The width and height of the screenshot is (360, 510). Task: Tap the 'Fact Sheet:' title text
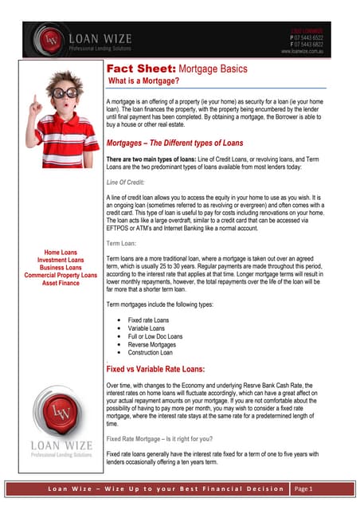pyautogui.click(x=131, y=69)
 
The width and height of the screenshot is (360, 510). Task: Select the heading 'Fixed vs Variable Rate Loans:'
pyautogui.click(x=155, y=369)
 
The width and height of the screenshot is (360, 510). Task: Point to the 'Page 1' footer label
pyautogui.click(x=306, y=488)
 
